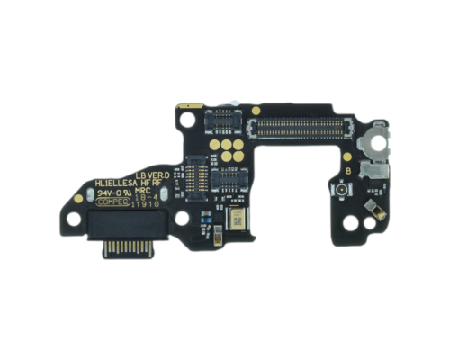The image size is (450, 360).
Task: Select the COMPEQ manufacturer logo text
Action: coord(112,203)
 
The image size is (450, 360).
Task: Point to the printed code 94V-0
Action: coord(113,193)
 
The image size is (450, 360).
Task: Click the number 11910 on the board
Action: coord(146,204)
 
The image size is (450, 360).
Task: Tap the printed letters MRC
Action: coord(145,193)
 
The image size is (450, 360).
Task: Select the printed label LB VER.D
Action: coord(152,175)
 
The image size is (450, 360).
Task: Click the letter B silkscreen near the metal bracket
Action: coord(346,170)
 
